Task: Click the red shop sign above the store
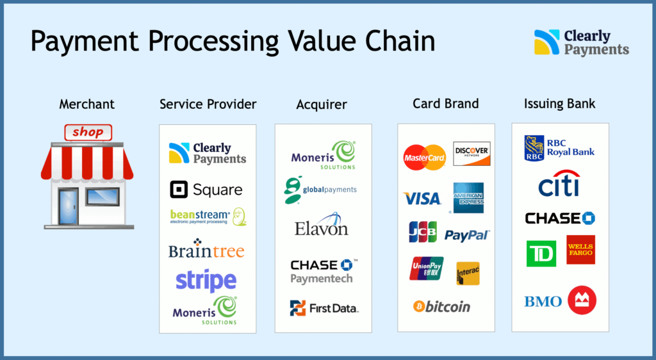[88, 133]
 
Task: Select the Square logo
[206, 190]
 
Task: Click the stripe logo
[206, 281]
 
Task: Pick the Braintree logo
[206, 250]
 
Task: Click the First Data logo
[324, 308]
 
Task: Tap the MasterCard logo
[424, 158]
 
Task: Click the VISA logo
[422, 199]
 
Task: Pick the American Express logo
[468, 197]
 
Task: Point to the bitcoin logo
[442, 306]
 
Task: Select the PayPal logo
[467, 235]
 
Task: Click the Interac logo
[468, 274]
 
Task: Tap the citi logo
[559, 184]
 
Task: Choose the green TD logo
[541, 254]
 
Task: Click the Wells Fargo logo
[580, 250]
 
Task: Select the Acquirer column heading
[322, 104]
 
